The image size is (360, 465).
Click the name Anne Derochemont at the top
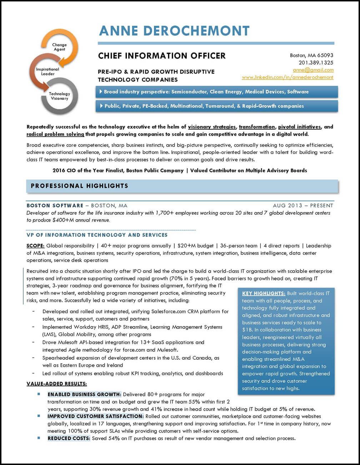coord(174,31)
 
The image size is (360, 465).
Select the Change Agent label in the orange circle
coord(59,47)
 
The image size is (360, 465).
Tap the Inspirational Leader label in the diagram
coord(47,71)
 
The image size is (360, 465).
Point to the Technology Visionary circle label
coord(59,96)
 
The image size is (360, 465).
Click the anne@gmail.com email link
coord(313,70)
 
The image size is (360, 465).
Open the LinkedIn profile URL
coord(287,77)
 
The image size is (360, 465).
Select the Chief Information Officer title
coord(162,56)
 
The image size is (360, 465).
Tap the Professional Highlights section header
coord(79,186)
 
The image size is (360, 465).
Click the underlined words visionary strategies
coord(212,127)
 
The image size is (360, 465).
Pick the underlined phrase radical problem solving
coord(55,134)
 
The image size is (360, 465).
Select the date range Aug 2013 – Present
coord(303,206)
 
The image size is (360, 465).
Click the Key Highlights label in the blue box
coord(264,294)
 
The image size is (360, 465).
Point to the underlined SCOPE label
coord(35,246)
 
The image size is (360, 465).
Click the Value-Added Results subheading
coord(57,384)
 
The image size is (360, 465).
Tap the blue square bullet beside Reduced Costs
coord(39,438)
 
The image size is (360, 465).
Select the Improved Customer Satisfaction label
coord(95,416)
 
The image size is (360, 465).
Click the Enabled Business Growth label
coord(84,395)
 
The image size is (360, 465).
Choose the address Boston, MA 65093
coord(311,55)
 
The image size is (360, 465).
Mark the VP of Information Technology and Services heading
coord(97,235)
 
